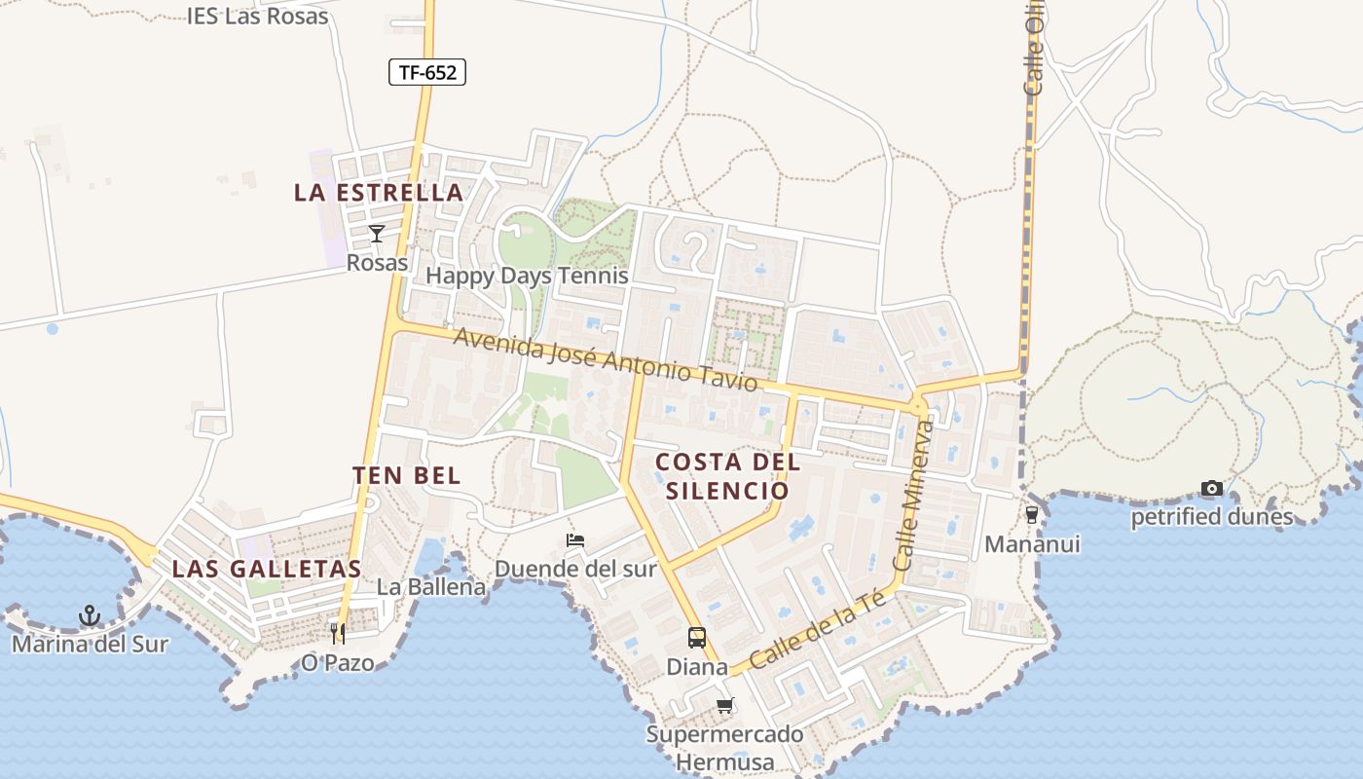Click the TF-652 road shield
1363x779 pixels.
(x=427, y=72)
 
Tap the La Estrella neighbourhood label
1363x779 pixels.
(x=379, y=193)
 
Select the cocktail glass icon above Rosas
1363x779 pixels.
(x=377, y=234)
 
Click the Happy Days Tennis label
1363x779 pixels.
(x=527, y=276)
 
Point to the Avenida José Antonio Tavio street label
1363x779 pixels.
(x=605, y=359)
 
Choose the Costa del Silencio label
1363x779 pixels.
(x=727, y=476)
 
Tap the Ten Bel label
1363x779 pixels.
(x=406, y=475)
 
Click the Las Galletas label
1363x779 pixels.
(x=267, y=569)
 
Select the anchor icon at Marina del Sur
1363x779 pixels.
(x=90, y=615)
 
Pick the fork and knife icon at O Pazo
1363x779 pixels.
(x=338, y=634)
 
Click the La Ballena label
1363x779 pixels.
(x=431, y=587)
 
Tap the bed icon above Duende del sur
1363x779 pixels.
(x=575, y=540)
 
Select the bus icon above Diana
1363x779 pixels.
(x=697, y=638)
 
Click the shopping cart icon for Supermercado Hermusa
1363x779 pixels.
(x=724, y=705)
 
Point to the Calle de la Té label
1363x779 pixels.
(x=818, y=629)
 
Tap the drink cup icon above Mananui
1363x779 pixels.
(x=1032, y=514)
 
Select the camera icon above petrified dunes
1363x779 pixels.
(x=1211, y=488)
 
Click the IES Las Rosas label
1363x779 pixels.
(x=258, y=17)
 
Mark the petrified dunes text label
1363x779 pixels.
(x=1211, y=517)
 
